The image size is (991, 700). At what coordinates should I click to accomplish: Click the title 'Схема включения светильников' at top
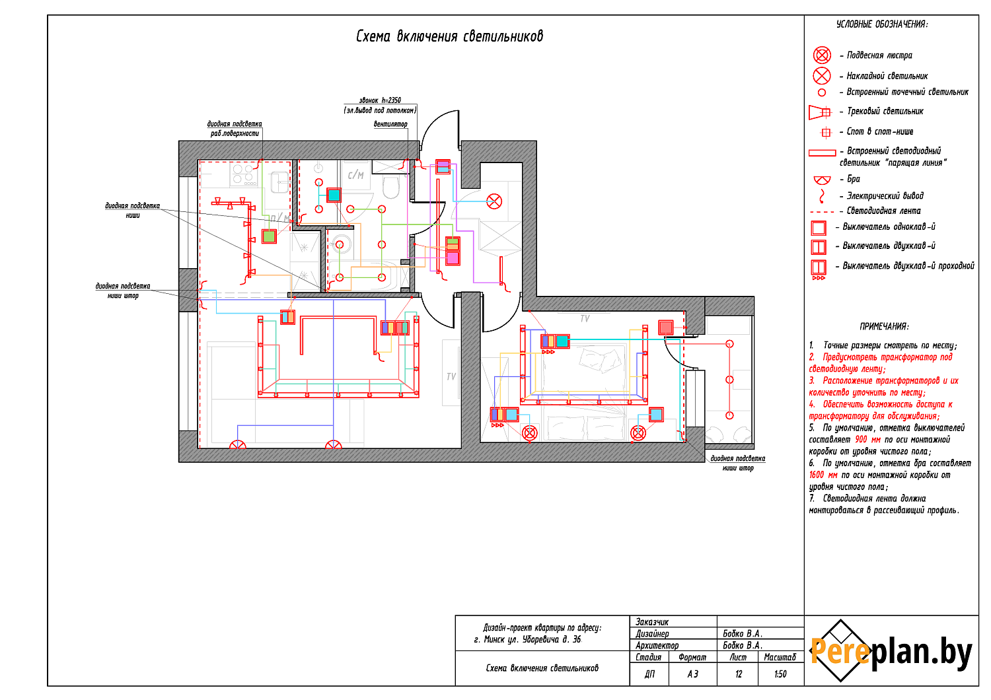[x=449, y=36]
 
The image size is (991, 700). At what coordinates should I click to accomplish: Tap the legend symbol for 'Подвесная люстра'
[x=822, y=55]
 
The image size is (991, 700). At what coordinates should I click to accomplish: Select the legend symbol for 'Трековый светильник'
[x=819, y=112]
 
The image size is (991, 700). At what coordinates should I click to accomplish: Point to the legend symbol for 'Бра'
[x=822, y=179]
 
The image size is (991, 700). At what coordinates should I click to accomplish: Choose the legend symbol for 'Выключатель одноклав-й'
[x=819, y=228]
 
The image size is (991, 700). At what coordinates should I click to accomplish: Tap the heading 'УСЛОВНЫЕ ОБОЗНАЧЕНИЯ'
[x=882, y=24]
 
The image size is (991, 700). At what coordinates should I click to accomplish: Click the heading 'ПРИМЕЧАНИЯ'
[x=884, y=326]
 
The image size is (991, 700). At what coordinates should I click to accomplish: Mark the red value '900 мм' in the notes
[x=867, y=439]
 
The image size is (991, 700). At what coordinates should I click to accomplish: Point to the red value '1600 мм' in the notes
[x=823, y=475]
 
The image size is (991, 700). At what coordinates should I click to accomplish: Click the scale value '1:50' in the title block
[x=780, y=674]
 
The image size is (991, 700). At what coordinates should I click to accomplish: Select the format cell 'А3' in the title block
[x=692, y=674]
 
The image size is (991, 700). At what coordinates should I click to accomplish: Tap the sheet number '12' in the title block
[x=739, y=674]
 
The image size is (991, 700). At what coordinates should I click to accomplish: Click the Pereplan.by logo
[x=891, y=651]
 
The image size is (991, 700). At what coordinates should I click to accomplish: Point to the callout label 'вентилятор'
[x=390, y=124]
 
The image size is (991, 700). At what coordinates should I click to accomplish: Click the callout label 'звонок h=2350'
[x=380, y=100]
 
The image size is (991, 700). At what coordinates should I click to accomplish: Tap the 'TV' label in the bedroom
[x=585, y=318]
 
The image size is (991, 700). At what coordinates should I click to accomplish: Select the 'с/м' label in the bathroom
[x=355, y=175]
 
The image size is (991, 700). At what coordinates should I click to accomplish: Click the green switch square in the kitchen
[x=269, y=236]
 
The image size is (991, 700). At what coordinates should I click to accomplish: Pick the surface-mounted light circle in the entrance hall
[x=494, y=201]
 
